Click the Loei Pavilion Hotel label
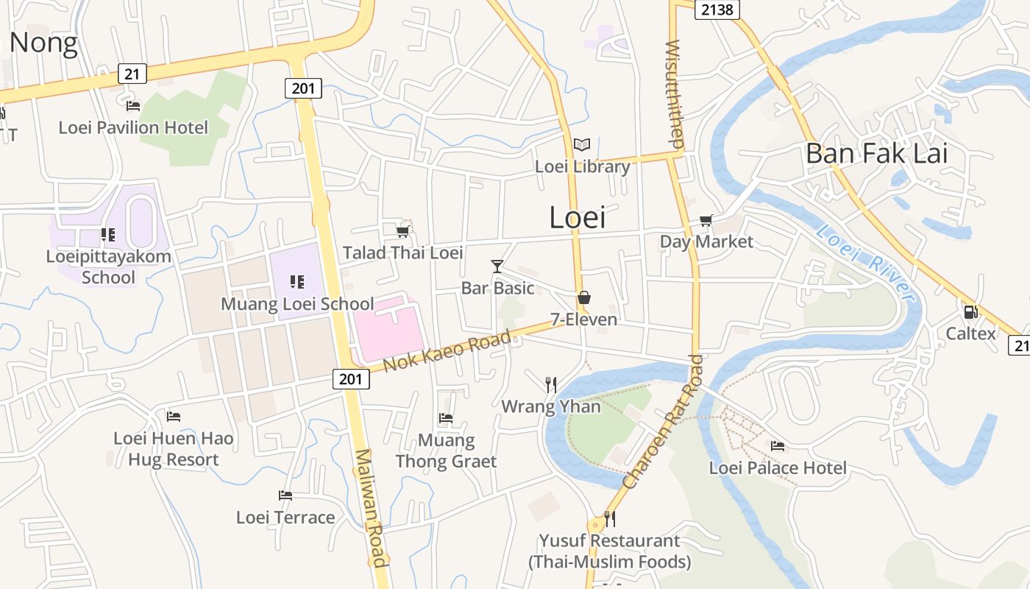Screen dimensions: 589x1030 click(x=133, y=127)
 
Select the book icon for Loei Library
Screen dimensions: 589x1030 click(x=582, y=145)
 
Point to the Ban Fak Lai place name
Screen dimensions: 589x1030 click(x=876, y=154)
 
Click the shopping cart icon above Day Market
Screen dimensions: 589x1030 click(x=706, y=220)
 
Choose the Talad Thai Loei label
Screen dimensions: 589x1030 click(x=402, y=253)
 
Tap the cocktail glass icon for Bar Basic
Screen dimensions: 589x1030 click(x=497, y=266)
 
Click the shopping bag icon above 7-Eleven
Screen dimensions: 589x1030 click(x=584, y=297)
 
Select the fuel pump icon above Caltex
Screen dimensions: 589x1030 click(x=970, y=311)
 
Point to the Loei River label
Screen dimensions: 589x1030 click(x=867, y=264)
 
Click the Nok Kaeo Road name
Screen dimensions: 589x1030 click(x=447, y=350)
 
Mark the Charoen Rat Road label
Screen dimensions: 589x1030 click(x=662, y=422)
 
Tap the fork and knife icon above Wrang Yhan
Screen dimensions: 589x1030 click(x=551, y=384)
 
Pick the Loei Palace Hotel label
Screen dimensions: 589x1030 click(x=778, y=468)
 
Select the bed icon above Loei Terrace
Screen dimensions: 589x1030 click(x=285, y=495)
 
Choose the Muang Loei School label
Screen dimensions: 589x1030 click(x=297, y=303)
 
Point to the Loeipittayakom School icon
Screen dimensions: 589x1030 click(x=108, y=235)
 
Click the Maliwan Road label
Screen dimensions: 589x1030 click(x=370, y=508)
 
